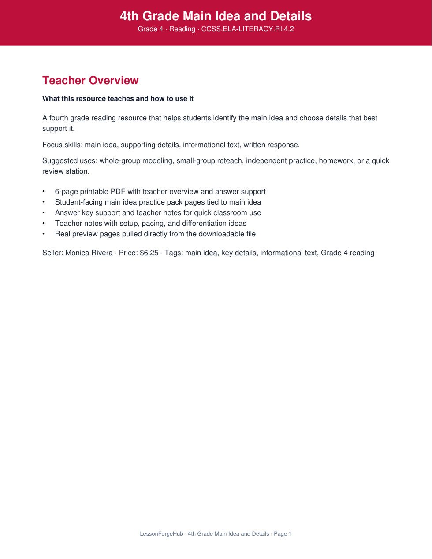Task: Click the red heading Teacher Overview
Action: pyautogui.click(x=90, y=81)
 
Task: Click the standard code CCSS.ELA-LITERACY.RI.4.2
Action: pyautogui.click(x=247, y=29)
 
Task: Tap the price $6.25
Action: pyautogui.click(x=149, y=253)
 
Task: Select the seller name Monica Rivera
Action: pyautogui.click(x=89, y=253)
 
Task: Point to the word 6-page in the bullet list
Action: pyautogui.click(x=66, y=192)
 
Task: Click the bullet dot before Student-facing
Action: pyautogui.click(x=44, y=202)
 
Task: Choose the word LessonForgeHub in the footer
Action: pyautogui.click(x=161, y=534)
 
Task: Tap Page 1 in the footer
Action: pyautogui.click(x=283, y=534)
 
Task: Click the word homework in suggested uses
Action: pyautogui.click(x=336, y=161)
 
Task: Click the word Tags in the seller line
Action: pyautogui.click(x=173, y=253)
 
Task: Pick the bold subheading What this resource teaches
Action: pyautogui.click(x=118, y=99)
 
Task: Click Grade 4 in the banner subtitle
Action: pyautogui.click(x=150, y=29)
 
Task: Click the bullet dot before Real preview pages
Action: pyautogui.click(x=44, y=234)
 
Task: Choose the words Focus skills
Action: pyautogui.click(x=61, y=145)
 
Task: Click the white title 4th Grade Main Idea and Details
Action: pyautogui.click(x=216, y=16)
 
